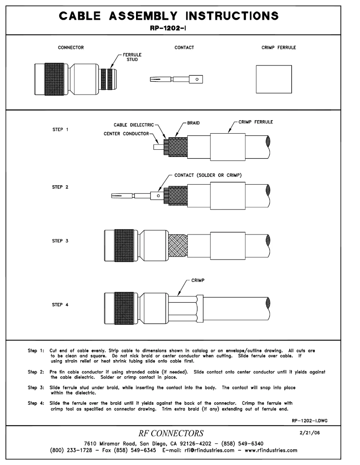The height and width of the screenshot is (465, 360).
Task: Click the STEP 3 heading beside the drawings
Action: click(x=61, y=241)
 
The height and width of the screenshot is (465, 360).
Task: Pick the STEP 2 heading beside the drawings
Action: click(x=61, y=186)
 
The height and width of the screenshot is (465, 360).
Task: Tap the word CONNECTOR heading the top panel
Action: click(x=70, y=48)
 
